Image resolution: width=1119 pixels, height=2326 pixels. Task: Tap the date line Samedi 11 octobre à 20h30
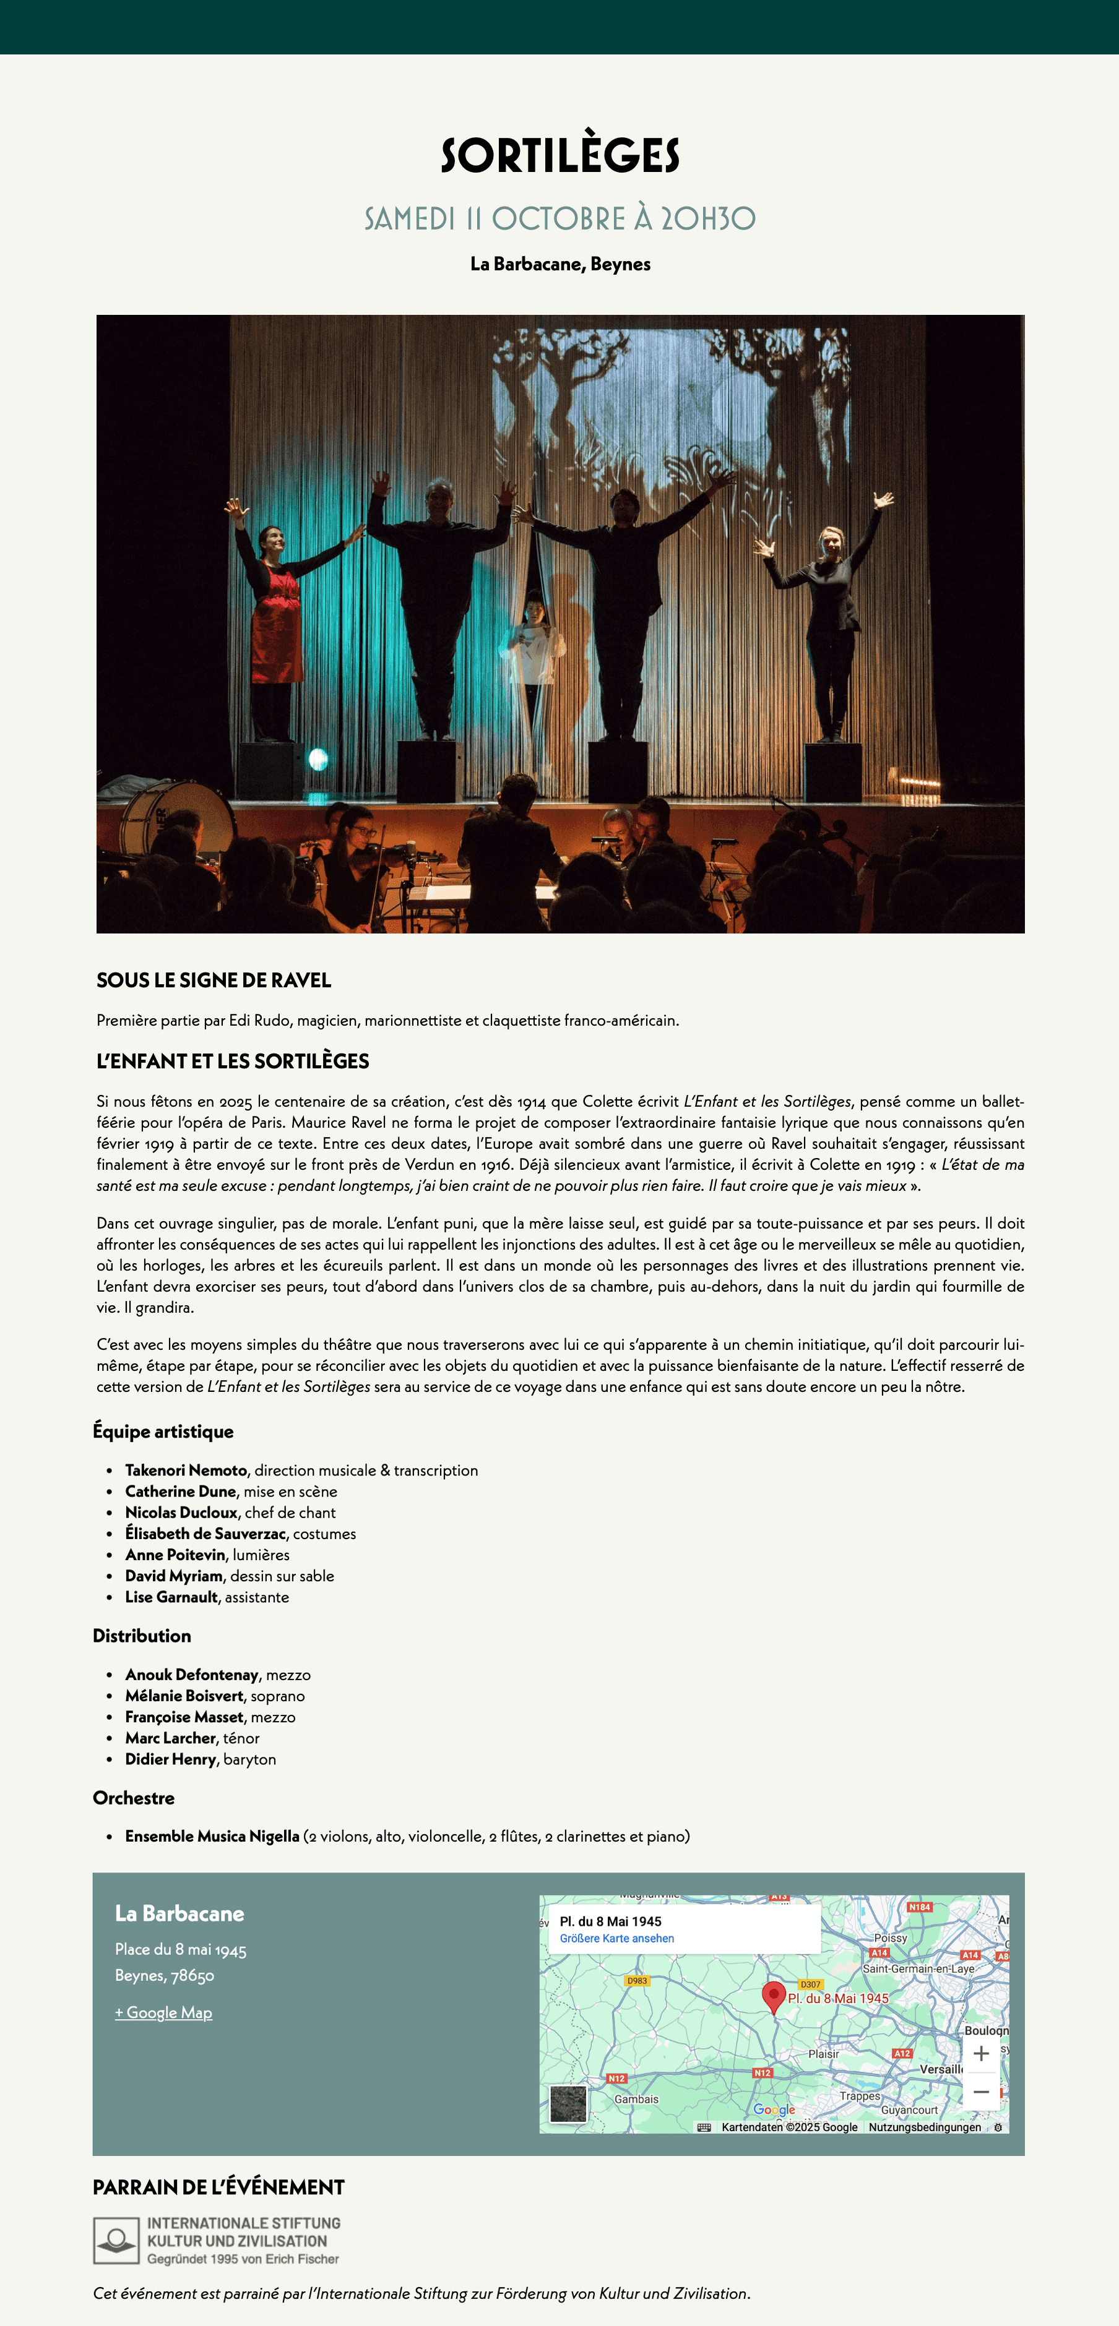click(560, 218)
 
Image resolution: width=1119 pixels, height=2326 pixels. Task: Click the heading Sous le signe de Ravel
click(214, 980)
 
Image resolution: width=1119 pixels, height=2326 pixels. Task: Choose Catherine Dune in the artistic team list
click(181, 1491)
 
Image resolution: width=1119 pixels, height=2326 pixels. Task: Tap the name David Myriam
click(173, 1576)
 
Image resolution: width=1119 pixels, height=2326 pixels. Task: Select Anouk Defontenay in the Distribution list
click(191, 1675)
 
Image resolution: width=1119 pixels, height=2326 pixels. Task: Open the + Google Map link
click(163, 2013)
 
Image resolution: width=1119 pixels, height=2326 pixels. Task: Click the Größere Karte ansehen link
click(617, 1939)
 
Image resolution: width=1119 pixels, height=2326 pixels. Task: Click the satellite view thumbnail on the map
click(568, 2104)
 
